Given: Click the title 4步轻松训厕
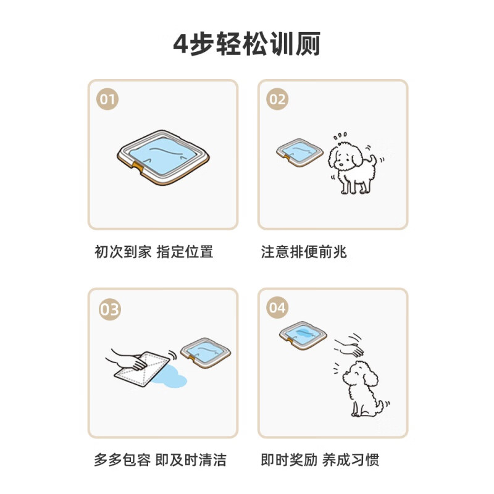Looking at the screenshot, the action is click(246, 44).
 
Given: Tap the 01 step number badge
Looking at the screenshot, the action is click(107, 99).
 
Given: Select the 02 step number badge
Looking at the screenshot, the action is click(277, 99).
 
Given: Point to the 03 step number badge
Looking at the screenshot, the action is click(110, 309).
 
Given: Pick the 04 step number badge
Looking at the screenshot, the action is click(277, 308).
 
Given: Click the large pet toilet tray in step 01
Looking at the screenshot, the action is click(163, 157).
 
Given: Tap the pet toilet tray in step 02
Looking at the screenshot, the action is click(299, 153).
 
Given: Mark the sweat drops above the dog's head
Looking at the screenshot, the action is click(340, 136).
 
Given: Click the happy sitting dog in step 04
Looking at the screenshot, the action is click(362, 389).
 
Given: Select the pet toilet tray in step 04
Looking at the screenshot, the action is click(303, 335).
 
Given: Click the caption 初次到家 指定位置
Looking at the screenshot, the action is click(154, 252).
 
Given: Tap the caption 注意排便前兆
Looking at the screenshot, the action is click(304, 252).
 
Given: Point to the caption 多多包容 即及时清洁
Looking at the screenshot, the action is click(160, 459).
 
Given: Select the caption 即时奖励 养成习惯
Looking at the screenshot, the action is click(320, 459).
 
